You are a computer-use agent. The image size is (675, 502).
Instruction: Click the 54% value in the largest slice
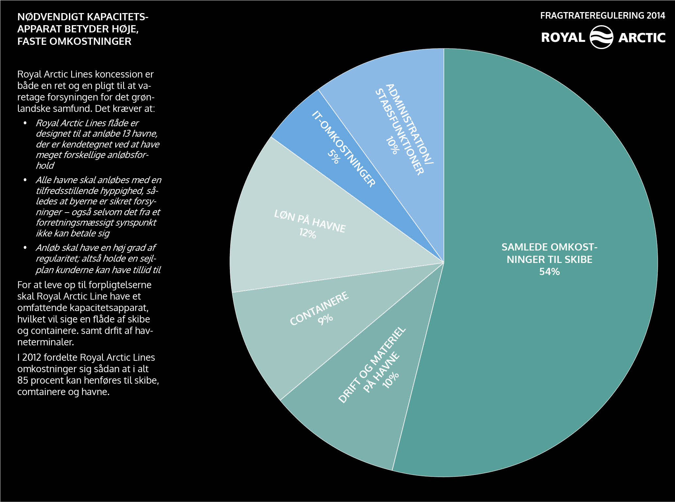(549, 271)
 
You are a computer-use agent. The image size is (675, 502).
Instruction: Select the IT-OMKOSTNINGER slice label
(344, 149)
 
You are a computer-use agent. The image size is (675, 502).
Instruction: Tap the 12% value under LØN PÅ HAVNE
(308, 233)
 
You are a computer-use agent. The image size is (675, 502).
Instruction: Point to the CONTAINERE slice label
(319, 309)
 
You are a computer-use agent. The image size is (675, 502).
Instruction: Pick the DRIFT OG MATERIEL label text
(372, 364)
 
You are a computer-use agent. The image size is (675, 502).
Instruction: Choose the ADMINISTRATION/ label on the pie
(410, 124)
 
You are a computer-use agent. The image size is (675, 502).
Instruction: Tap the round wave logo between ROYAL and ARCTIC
(601, 37)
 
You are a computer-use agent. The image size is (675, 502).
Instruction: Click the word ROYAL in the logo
(563, 38)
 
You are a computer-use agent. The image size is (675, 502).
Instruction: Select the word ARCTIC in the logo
(642, 38)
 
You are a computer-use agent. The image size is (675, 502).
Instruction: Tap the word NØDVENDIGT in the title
(50, 17)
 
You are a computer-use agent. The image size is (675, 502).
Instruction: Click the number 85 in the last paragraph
(23, 380)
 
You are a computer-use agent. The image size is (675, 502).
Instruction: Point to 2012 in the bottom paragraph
(32, 357)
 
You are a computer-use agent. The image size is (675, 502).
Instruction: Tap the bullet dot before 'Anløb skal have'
(25, 248)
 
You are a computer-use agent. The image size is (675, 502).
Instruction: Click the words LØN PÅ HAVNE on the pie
(310, 221)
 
